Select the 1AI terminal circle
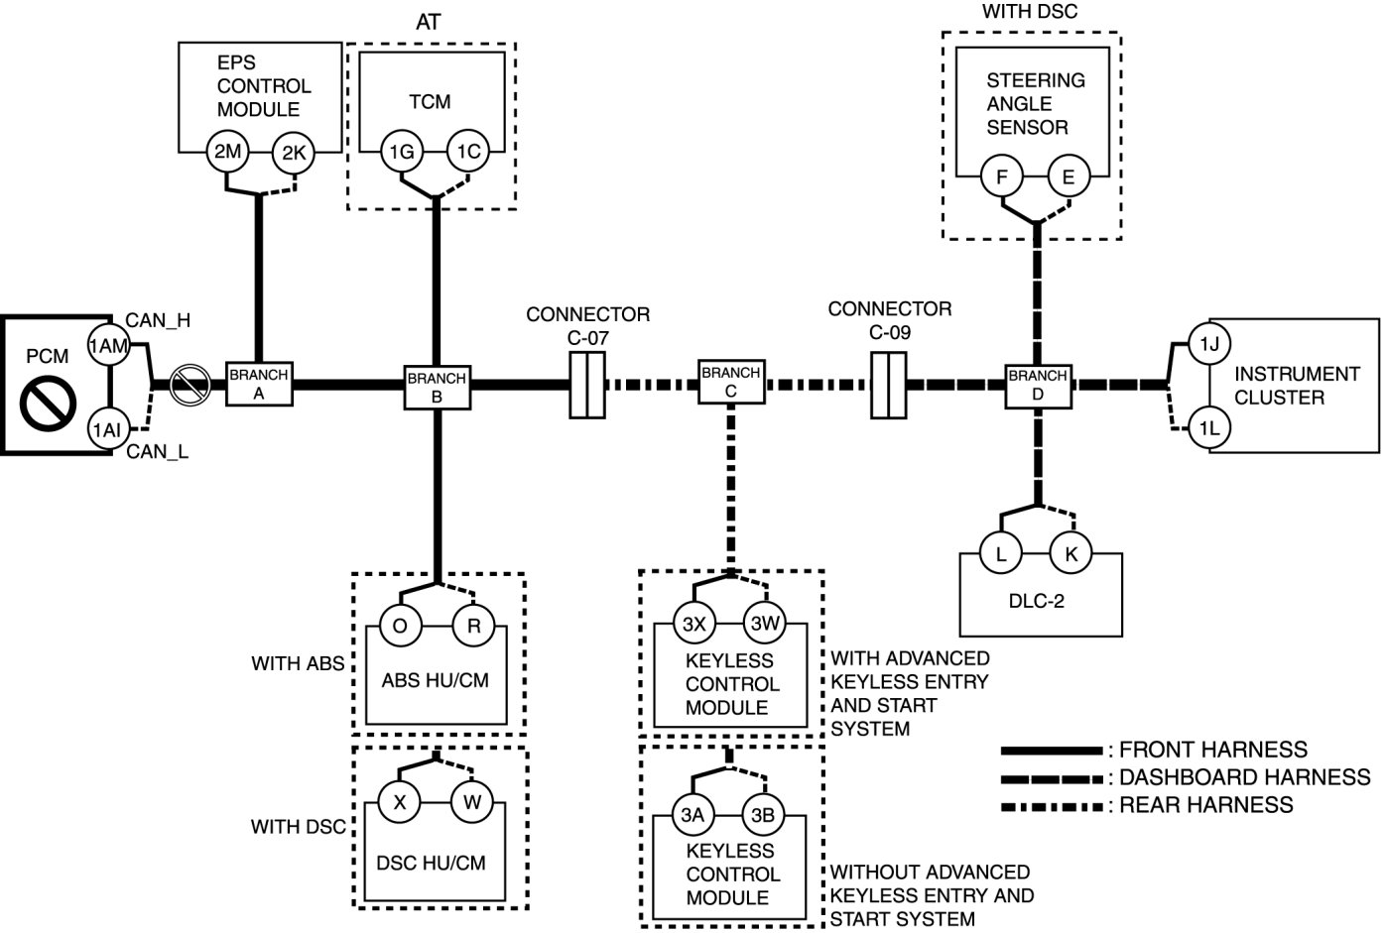pyautogui.click(x=107, y=429)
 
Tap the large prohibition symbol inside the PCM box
pyautogui.click(x=49, y=404)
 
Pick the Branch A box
pyautogui.click(x=258, y=383)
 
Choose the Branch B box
pyautogui.click(x=437, y=385)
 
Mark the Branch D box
pyautogui.click(x=1037, y=384)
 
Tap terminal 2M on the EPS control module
pyautogui.click(x=227, y=151)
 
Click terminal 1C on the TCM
pyautogui.click(x=468, y=151)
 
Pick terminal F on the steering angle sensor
pyautogui.click(x=1002, y=177)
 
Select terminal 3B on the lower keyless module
pyautogui.click(x=763, y=815)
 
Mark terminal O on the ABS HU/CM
pyautogui.click(x=400, y=626)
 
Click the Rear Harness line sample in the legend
pyautogui.click(x=1052, y=805)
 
